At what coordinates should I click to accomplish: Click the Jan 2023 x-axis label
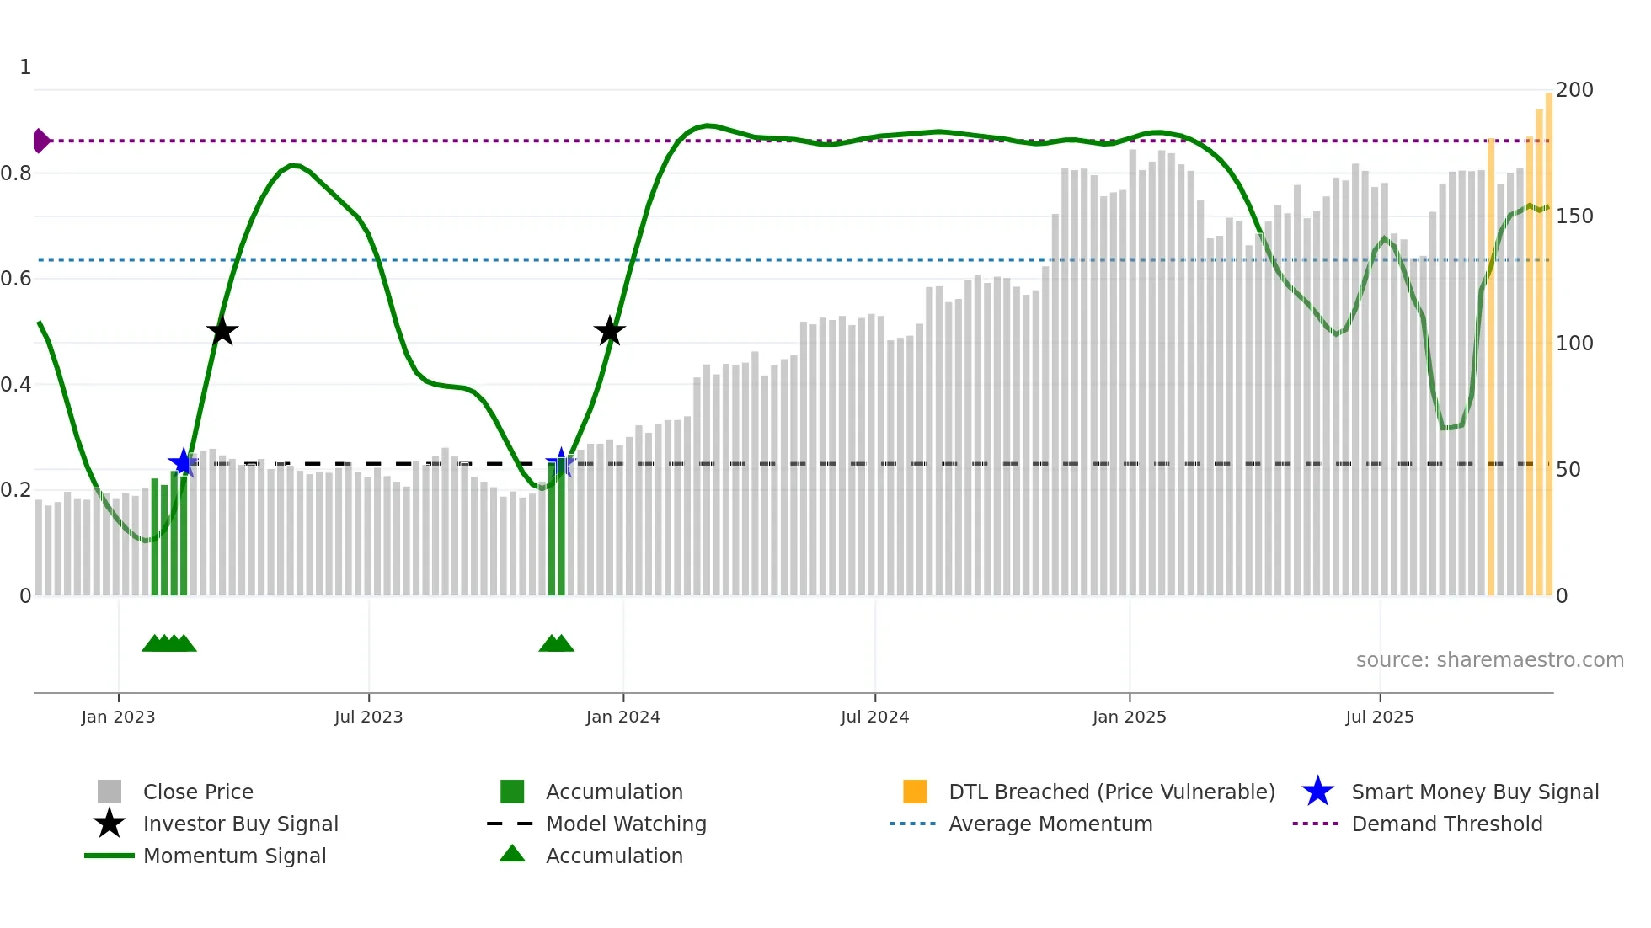point(118,717)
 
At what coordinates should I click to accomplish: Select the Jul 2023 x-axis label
point(368,717)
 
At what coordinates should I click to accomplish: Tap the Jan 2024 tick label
point(622,717)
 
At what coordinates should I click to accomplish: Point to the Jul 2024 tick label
point(874,717)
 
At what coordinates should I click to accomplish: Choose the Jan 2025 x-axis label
point(1129,717)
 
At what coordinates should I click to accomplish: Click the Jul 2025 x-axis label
point(1379,717)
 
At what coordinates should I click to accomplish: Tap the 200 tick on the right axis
point(1574,90)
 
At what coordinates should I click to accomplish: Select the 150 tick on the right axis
point(1574,216)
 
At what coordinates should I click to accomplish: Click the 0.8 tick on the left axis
point(16,173)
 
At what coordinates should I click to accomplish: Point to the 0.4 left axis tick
point(16,385)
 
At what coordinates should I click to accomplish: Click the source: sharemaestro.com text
point(1489,660)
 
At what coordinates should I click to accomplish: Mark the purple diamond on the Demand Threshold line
point(40,141)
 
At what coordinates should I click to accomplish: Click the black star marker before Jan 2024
point(609,331)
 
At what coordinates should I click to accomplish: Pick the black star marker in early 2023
point(222,331)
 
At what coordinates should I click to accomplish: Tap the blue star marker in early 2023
point(183,462)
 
